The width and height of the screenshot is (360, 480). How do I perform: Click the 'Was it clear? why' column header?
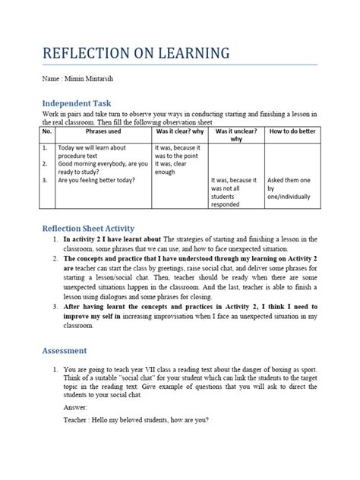[179, 131]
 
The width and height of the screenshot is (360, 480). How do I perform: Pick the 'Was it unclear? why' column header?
[235, 135]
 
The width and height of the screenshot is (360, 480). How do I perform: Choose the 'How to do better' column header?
[292, 131]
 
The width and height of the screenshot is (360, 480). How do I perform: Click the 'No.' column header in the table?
[48, 131]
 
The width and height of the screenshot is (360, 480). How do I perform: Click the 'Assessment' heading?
[65, 350]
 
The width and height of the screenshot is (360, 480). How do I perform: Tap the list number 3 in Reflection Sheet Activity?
[55, 305]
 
